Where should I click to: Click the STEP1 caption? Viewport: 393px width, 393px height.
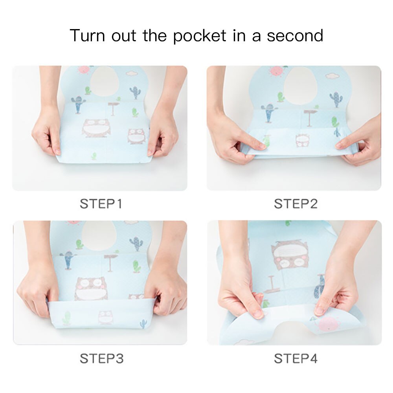tap(101, 204)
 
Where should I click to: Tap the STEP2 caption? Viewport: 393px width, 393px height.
tap(296, 204)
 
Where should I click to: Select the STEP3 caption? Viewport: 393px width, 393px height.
tap(101, 358)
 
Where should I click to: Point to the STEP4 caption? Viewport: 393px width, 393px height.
tap(296, 358)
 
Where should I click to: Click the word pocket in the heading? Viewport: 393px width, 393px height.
tap(200, 36)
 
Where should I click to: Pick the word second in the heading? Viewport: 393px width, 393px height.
tap(295, 36)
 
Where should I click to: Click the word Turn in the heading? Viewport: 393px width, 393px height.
tap(88, 36)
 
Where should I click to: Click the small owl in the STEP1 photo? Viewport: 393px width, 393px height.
tap(136, 136)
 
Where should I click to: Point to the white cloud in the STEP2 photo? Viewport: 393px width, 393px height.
tap(333, 75)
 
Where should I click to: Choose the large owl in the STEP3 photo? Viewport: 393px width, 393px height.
tap(91, 288)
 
